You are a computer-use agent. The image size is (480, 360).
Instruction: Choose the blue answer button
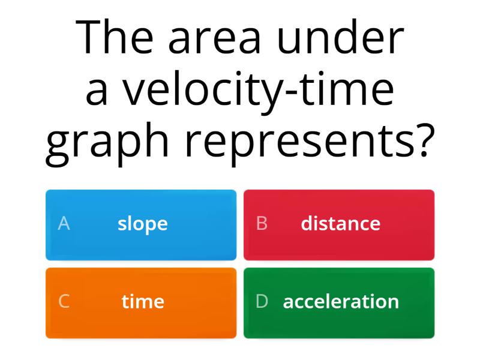point(141,224)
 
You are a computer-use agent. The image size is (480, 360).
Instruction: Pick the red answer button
point(339,224)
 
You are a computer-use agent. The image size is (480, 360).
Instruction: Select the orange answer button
point(141,302)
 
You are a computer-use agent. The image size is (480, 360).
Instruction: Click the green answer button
point(339,302)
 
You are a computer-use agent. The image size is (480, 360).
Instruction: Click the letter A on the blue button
point(64,224)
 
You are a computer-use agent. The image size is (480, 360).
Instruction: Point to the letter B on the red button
point(262,224)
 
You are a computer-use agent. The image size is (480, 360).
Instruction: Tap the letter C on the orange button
point(64,301)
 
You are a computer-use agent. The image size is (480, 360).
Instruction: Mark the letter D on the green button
point(262,301)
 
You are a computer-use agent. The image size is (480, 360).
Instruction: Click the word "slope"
point(143,224)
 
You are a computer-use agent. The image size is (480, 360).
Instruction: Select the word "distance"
point(340,224)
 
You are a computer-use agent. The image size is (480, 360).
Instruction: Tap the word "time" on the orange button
point(143,301)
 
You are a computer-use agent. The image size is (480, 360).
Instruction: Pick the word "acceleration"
point(341,301)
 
